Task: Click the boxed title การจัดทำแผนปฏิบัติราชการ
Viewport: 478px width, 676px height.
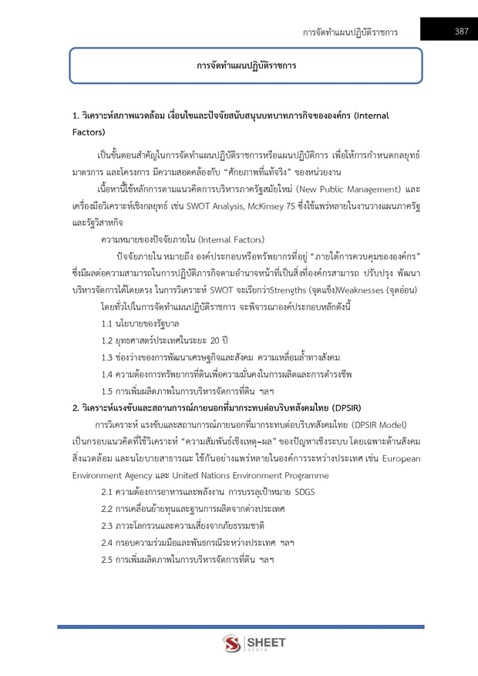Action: pos(246,66)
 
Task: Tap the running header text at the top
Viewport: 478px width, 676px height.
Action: pos(350,32)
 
